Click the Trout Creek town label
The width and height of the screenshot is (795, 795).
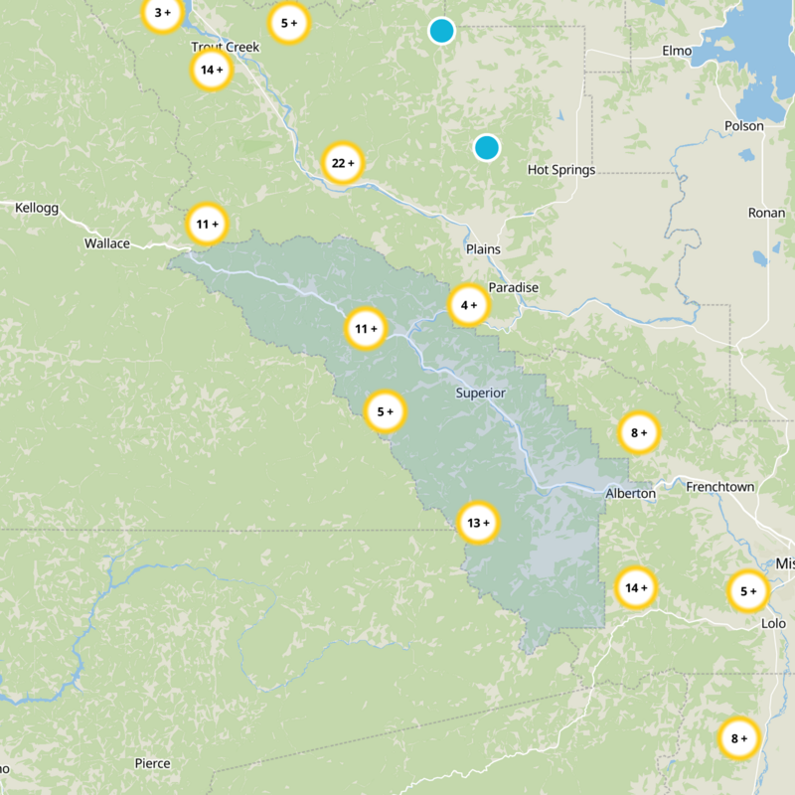click(225, 47)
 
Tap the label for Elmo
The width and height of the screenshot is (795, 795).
click(676, 51)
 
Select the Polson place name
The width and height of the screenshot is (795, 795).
click(744, 126)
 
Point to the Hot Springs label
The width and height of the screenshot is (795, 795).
click(561, 170)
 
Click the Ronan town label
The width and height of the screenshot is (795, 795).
click(766, 213)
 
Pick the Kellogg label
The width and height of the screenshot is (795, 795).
click(38, 208)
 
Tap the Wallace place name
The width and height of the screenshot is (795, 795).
click(107, 243)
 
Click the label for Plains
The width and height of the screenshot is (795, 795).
click(483, 248)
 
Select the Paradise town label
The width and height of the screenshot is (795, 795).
click(513, 287)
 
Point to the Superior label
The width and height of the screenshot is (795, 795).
click(481, 393)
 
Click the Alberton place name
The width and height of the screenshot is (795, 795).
click(631, 493)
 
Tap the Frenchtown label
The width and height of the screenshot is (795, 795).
click(720, 487)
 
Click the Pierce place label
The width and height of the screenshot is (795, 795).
click(152, 763)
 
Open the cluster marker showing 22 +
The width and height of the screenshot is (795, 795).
click(342, 163)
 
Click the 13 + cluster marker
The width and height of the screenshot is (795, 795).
click(478, 523)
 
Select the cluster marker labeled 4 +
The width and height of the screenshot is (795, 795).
click(469, 305)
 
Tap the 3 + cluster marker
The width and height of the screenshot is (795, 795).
click(162, 13)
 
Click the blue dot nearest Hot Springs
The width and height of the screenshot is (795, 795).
click(486, 148)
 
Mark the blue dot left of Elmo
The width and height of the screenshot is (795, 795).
click(441, 31)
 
